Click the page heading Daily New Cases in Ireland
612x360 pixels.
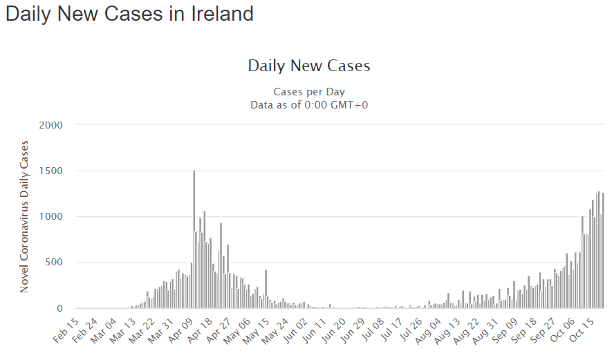pos(129,14)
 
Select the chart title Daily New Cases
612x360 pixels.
pos(309,66)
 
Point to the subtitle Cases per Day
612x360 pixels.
pos(309,91)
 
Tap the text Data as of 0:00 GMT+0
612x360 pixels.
pos(309,104)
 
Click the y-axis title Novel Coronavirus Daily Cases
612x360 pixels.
pos(24,216)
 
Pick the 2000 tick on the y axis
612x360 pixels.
pos(52,125)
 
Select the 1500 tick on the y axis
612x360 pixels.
pos(52,171)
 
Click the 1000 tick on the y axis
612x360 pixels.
pos(52,217)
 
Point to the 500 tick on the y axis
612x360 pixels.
pos(55,263)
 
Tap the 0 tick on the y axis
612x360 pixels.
pos(60,308)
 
